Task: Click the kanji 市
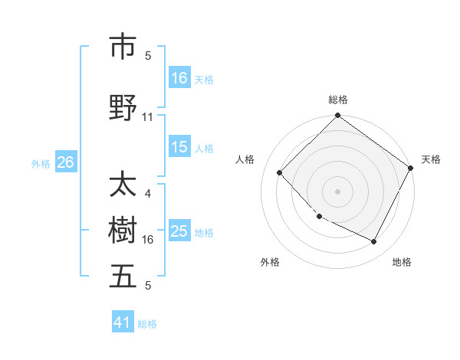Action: (x=123, y=47)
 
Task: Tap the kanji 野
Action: (x=123, y=108)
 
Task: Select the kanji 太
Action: (x=123, y=185)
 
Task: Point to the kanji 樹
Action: (x=123, y=231)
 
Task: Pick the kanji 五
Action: (x=123, y=277)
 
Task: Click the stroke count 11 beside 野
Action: (x=148, y=117)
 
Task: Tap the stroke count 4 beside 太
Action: (x=148, y=194)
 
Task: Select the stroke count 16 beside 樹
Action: (x=148, y=240)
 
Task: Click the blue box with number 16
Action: (x=179, y=78)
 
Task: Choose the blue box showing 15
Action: (x=179, y=147)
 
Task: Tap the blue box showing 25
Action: (x=179, y=231)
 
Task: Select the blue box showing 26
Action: (x=65, y=162)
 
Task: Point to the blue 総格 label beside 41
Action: (x=147, y=324)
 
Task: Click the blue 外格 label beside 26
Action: (x=41, y=163)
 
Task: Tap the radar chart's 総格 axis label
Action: (x=337, y=100)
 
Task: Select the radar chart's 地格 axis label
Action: (x=402, y=262)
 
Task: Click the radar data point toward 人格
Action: (x=280, y=172)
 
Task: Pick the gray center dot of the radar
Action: (x=337, y=191)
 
